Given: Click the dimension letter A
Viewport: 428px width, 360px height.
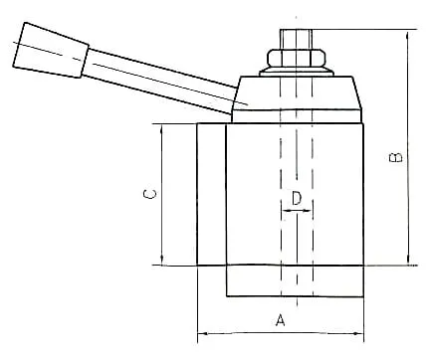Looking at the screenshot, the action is click(281, 320).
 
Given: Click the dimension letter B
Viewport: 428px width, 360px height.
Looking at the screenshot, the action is click(395, 157).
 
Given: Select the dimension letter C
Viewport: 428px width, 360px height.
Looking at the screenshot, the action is click(149, 194).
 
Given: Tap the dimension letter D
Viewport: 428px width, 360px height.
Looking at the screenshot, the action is click(297, 198).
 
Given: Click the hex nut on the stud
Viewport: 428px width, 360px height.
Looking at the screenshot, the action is click(296, 58).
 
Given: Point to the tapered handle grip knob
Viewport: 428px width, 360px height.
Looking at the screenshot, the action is click(51, 50).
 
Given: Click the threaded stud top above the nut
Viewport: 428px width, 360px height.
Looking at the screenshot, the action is click(296, 40).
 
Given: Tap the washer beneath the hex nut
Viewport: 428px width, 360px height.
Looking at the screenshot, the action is click(296, 72).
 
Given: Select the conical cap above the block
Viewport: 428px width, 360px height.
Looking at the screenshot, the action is click(297, 93).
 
